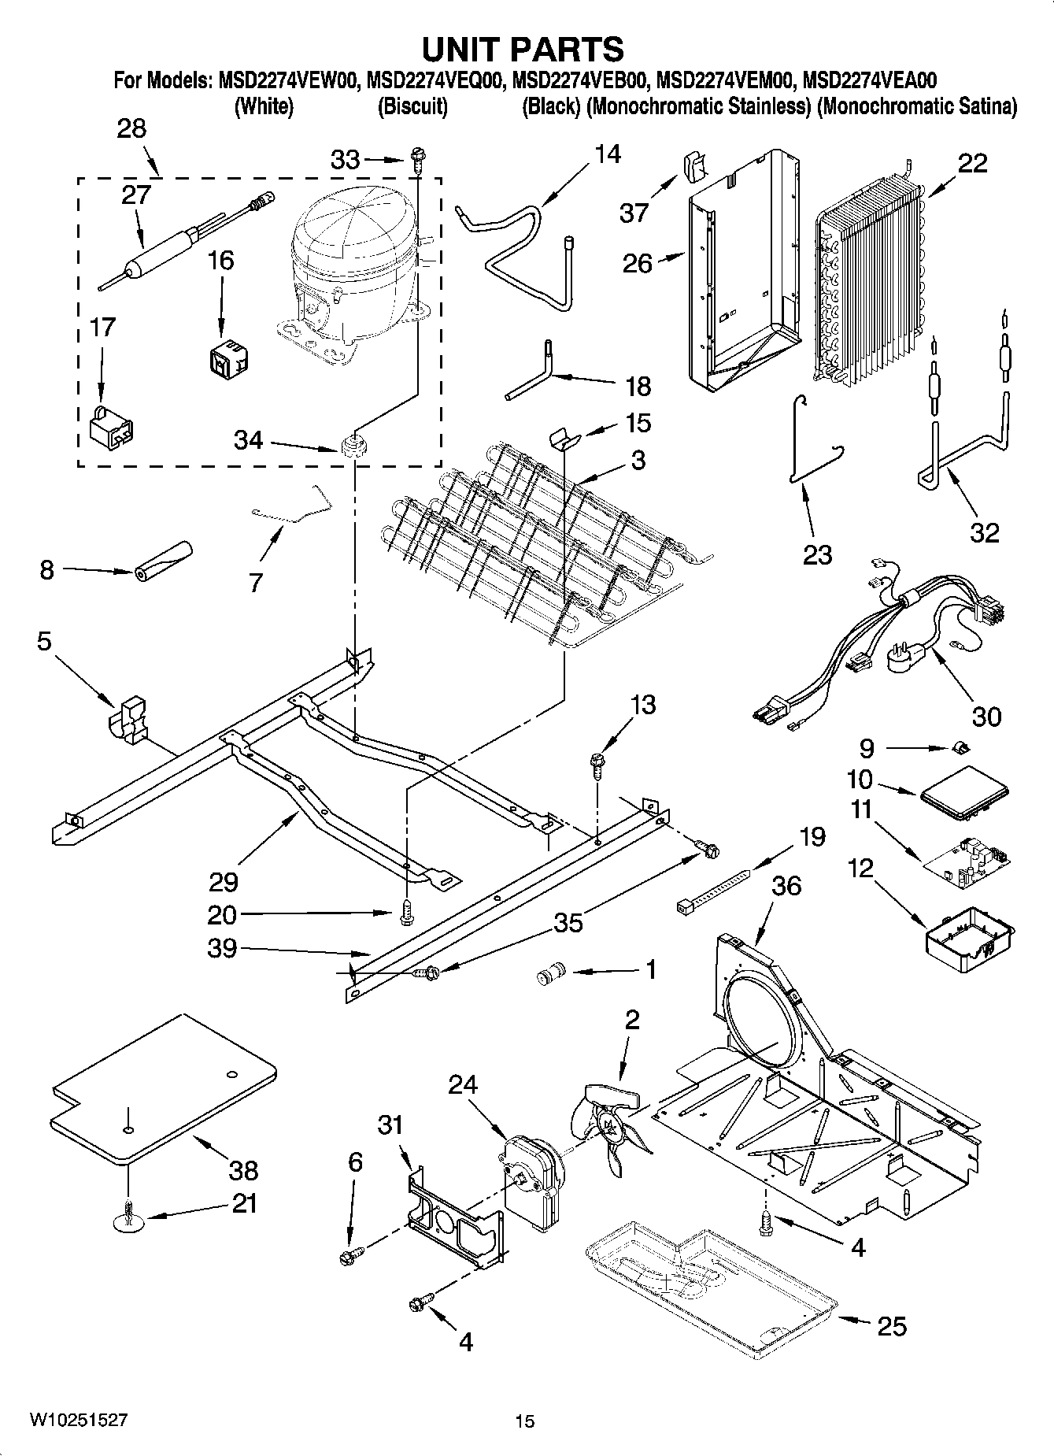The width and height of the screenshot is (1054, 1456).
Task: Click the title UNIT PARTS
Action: tap(523, 49)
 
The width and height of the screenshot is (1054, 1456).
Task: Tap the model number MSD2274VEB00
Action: tap(579, 80)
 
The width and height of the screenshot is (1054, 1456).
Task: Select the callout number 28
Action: tap(131, 128)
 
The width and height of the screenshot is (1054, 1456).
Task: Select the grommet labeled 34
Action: tap(354, 444)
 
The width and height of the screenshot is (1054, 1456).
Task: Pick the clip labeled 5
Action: tap(128, 718)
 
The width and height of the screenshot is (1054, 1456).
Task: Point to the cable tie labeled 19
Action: tap(712, 890)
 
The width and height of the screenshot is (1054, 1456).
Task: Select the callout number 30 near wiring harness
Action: tap(986, 715)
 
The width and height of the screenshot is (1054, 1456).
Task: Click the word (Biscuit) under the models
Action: tap(412, 106)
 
